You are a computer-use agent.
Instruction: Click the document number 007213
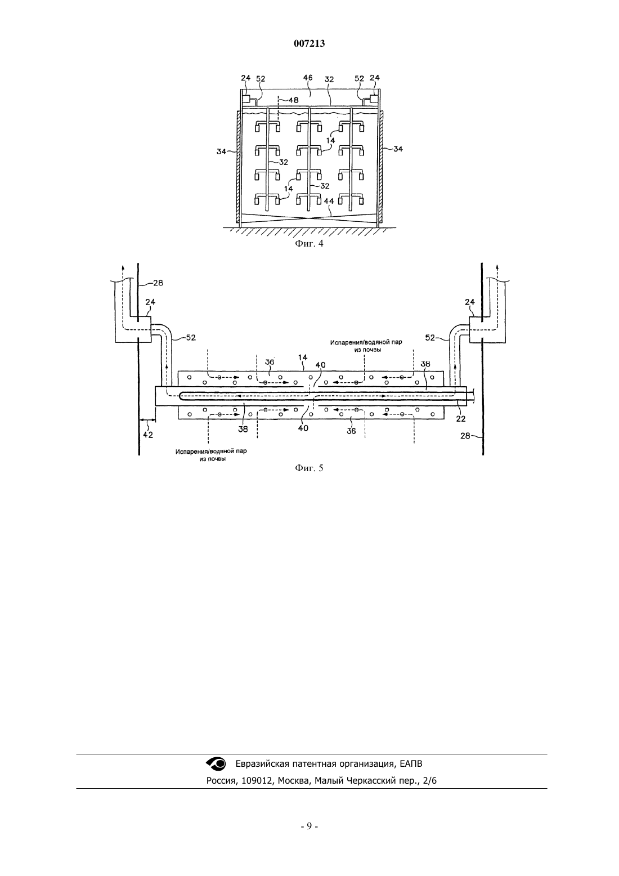tap(309, 43)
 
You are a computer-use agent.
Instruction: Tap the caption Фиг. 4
tap(309, 244)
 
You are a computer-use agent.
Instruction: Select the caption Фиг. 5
tap(309, 468)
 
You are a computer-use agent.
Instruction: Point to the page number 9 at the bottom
tap(309, 826)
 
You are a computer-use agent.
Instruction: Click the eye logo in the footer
tap(216, 763)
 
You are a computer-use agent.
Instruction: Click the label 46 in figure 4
tap(308, 78)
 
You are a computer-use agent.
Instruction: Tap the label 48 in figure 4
tap(294, 100)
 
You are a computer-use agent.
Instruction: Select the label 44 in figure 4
tap(329, 201)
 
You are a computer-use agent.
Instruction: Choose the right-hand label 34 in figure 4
tap(398, 149)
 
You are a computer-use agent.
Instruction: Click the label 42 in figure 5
tap(147, 435)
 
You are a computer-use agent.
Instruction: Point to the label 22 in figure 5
tap(461, 419)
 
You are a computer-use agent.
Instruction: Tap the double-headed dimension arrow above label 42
tap(147, 421)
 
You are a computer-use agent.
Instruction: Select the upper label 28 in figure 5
tap(158, 283)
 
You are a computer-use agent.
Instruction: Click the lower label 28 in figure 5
tap(465, 436)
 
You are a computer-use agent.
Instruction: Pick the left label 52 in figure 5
tap(191, 337)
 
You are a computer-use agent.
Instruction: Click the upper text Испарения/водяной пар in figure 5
tap(366, 343)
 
